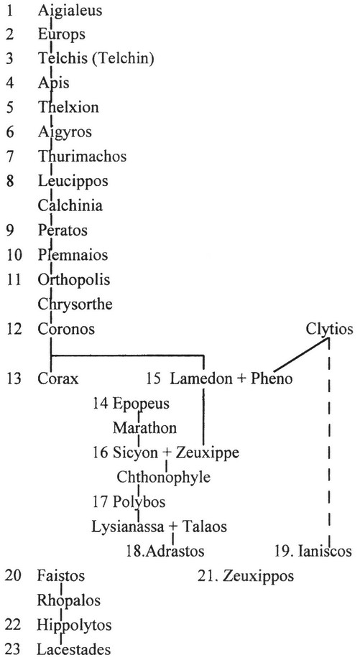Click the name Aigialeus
point(70,11)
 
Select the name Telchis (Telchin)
point(96,58)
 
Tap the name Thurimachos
point(82,156)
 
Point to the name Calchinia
point(70,205)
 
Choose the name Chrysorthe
point(75,304)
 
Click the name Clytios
point(330,329)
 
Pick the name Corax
point(58,378)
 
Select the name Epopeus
point(141,403)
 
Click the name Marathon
point(145,427)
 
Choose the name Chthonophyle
point(163,478)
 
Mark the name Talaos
point(206,526)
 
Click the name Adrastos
point(172,551)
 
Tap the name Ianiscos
point(325,551)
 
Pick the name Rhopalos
point(69,600)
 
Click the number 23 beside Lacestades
point(14,649)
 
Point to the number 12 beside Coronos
point(14,329)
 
